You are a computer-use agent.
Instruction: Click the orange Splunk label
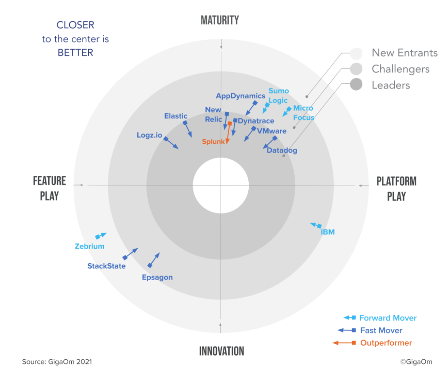[213, 142]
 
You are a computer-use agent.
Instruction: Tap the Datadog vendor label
[282, 150]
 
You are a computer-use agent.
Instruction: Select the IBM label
[327, 232]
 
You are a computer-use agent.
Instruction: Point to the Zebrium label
[89, 246]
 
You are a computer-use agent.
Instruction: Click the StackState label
[106, 266]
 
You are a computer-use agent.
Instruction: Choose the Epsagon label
[157, 277]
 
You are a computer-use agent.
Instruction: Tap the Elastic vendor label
[176, 116]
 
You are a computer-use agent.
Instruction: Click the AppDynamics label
[240, 96]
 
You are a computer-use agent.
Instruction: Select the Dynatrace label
[256, 121]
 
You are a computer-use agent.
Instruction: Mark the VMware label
[272, 131]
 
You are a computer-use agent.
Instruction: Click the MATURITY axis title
[220, 20]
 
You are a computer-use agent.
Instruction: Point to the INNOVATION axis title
[221, 351]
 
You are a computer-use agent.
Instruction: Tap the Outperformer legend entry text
[386, 343]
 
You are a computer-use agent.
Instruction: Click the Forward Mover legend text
[388, 318]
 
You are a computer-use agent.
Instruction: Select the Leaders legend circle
[356, 84]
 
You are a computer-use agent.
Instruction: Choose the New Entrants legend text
[404, 53]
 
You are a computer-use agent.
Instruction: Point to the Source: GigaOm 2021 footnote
[57, 361]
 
